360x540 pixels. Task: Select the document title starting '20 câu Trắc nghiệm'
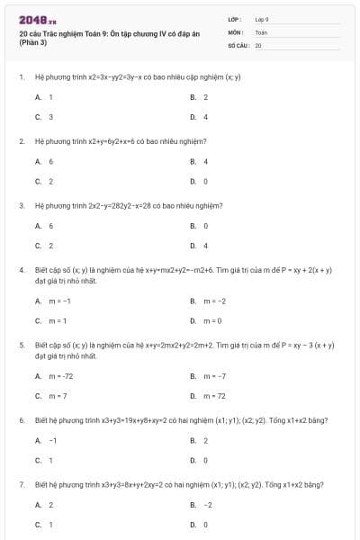click(108, 31)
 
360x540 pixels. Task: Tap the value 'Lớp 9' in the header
click(262, 18)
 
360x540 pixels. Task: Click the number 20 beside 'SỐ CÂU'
click(258, 44)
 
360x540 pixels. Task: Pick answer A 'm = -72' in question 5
click(55, 375)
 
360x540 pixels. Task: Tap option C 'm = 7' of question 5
click(52, 395)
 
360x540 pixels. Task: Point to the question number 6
click(21, 420)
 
